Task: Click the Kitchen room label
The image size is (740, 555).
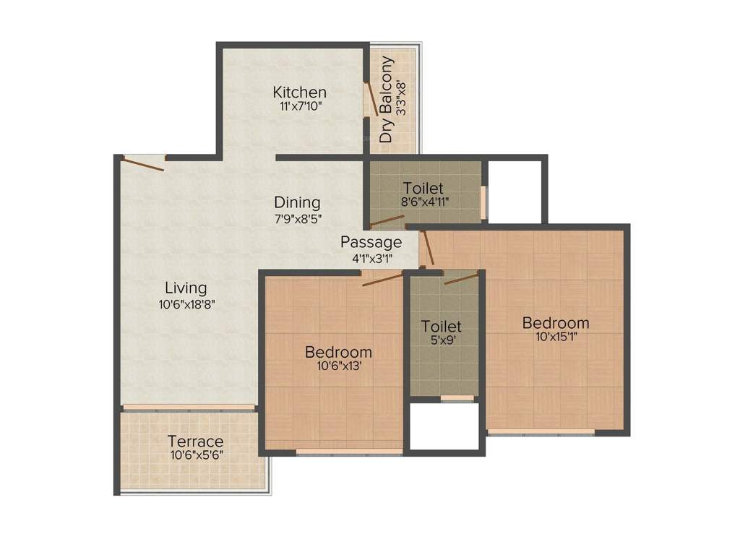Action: [299, 92]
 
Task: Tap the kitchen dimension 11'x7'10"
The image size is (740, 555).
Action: [300, 106]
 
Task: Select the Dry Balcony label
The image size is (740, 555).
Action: [387, 99]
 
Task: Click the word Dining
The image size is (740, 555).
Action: [297, 202]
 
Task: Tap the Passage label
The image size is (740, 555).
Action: [371, 242]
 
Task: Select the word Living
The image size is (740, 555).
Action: [186, 288]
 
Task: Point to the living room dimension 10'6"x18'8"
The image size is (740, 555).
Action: [187, 304]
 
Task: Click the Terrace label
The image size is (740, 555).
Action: [195, 442]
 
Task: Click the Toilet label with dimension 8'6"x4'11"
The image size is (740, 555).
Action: [423, 189]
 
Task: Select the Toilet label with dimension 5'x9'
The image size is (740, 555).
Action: [442, 326]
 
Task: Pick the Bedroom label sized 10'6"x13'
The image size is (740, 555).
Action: [339, 352]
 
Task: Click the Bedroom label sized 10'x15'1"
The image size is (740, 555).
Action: [556, 322]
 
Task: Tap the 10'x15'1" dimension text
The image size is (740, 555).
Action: [556, 336]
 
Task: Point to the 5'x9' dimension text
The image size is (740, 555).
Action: [442, 340]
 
